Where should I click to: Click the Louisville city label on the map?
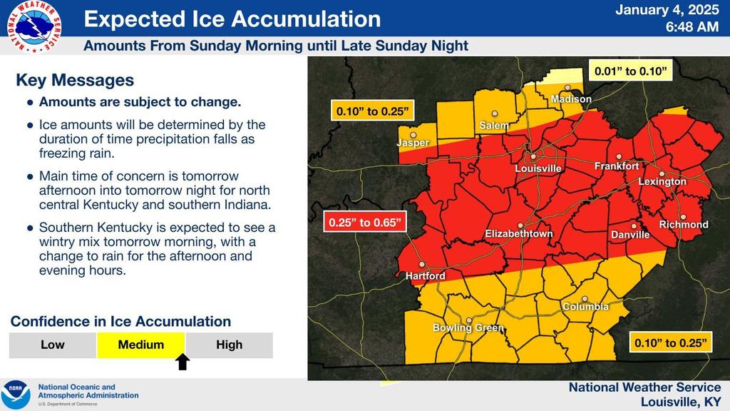(538, 168)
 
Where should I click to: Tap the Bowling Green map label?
(468, 328)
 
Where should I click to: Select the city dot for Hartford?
(422, 264)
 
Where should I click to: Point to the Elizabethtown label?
(519, 233)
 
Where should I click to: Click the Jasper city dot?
(413, 135)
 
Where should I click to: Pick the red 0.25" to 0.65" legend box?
(365, 223)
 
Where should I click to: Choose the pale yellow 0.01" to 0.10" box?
(631, 71)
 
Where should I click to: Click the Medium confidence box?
(140, 345)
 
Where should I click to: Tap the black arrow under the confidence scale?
(182, 362)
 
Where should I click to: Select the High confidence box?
(229, 345)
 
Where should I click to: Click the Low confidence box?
(53, 345)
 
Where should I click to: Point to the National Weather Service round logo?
(34, 26)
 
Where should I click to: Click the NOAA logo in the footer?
(15, 394)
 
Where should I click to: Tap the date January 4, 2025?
(667, 10)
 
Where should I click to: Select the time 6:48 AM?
(692, 27)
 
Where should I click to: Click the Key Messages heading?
(75, 80)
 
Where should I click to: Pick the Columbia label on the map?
(586, 306)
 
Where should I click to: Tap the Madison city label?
(571, 98)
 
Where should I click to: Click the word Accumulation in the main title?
(307, 19)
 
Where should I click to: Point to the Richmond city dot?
(683, 217)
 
